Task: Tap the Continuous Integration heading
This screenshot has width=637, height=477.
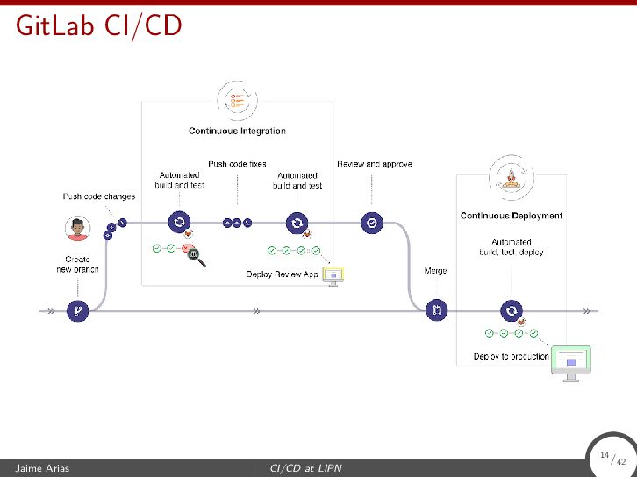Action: pyautogui.click(x=237, y=132)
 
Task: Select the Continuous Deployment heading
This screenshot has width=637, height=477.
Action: pyautogui.click(x=512, y=216)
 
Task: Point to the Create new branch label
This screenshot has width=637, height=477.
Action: pyautogui.click(x=78, y=264)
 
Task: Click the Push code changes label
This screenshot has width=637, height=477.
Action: pyautogui.click(x=98, y=196)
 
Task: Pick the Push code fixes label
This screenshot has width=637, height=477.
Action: pyautogui.click(x=237, y=164)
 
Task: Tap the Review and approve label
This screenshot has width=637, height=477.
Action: pyautogui.click(x=375, y=164)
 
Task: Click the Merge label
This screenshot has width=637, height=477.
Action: pyautogui.click(x=436, y=271)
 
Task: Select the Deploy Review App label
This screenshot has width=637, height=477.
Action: pyautogui.click(x=282, y=274)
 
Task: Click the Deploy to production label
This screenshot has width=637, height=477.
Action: pyautogui.click(x=511, y=356)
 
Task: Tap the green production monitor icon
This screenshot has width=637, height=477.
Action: pyautogui.click(x=570, y=361)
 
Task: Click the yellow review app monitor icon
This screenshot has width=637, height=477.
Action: pyautogui.click(x=333, y=276)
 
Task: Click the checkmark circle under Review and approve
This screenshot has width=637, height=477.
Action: pyautogui.click(x=373, y=224)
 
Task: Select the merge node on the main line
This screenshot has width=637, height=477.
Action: pyautogui.click(x=436, y=310)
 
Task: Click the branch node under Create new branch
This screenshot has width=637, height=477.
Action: pyautogui.click(x=79, y=310)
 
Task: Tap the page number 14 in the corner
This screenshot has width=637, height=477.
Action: pyautogui.click(x=605, y=455)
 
